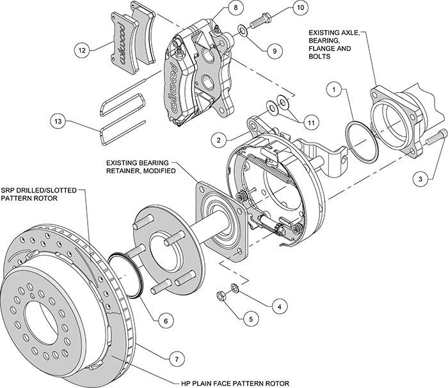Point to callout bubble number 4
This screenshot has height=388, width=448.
(x=277, y=307)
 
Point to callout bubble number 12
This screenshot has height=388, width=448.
(x=80, y=48)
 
